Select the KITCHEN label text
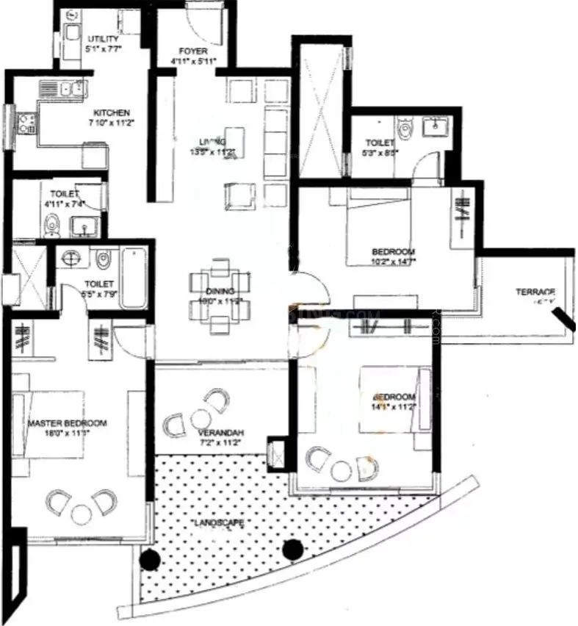(112, 113)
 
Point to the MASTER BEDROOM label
(68, 424)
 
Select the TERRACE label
(535, 292)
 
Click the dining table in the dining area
(219, 293)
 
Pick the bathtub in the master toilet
(134, 278)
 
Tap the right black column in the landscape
(292, 548)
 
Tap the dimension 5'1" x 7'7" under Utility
(104, 49)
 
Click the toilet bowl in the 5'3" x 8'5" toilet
(405, 131)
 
